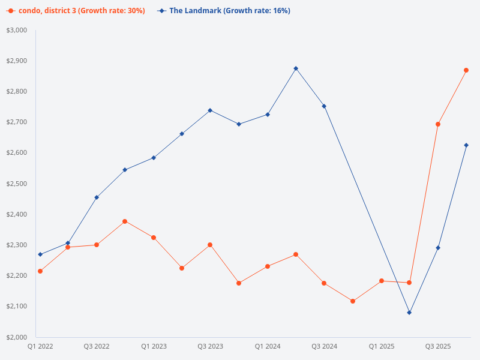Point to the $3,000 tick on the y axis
17,30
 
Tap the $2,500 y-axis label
17,184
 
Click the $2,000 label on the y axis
17,337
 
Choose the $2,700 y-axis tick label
17,122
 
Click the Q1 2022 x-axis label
40,347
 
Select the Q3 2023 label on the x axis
210,347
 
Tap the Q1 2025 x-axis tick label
381,347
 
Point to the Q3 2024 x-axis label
324,347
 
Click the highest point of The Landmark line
296,68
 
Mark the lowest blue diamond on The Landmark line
409,313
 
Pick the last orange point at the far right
466,70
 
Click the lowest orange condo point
353,301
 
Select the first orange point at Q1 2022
40,271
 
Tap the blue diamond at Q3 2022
97,197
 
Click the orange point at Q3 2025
438,124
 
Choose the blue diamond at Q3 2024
324,106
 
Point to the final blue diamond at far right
466,145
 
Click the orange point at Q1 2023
154,238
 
